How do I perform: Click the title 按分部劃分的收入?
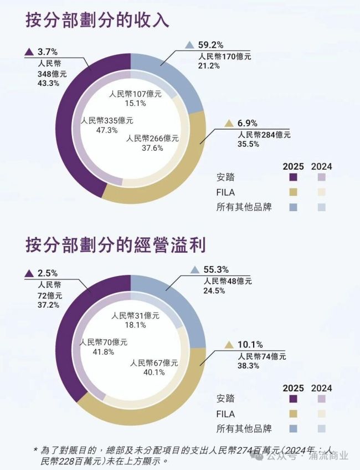coord(96,21)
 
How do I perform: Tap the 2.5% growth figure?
coord(48,273)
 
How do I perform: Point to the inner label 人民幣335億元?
coord(107,120)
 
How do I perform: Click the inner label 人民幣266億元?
coord(152,138)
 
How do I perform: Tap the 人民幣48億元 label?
coord(227,281)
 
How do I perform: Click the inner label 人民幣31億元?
coord(135,315)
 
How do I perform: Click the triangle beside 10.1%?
coord(229,345)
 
